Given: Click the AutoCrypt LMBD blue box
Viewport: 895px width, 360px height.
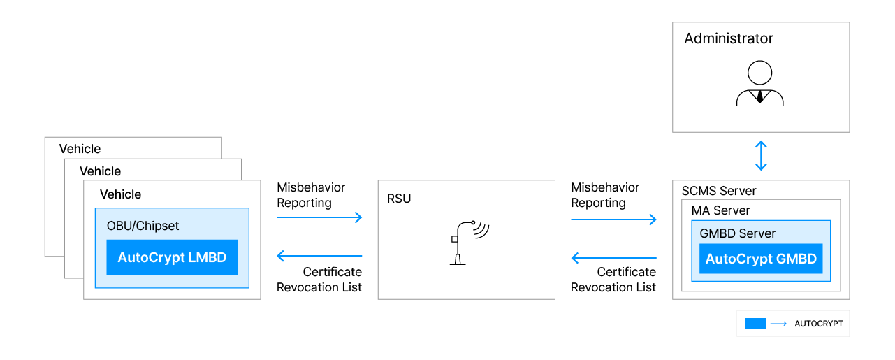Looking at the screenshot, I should pos(172,257).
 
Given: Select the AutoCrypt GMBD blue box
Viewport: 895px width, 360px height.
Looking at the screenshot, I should pos(761,259).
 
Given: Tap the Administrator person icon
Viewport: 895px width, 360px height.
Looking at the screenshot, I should pos(760,83).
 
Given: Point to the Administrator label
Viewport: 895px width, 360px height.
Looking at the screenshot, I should pos(729,38).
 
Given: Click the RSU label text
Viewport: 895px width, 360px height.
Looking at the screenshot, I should pos(399,199).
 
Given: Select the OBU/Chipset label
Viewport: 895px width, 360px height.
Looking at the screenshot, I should pos(143,226).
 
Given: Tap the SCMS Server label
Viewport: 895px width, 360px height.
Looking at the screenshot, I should pos(719,191).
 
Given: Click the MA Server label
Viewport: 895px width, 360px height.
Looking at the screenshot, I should pos(720,210).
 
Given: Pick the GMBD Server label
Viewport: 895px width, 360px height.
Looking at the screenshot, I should pos(737,233).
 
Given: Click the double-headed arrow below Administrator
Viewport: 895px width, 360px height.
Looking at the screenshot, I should pos(761,156).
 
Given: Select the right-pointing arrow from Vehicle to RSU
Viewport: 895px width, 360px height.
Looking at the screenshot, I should pos(320,217).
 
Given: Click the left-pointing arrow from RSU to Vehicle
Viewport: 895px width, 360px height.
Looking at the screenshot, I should pos(320,256).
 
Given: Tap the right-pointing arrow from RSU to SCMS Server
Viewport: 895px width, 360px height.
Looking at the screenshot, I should pos(614,219).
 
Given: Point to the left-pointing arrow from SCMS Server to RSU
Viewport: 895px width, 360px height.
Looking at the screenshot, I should pos(614,258).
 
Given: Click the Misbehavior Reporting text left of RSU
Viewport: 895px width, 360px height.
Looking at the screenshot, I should pos(311,195).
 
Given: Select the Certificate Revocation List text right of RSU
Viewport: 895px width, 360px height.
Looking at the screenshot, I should pos(613,279).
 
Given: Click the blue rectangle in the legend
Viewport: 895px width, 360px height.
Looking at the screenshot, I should pos(755,324).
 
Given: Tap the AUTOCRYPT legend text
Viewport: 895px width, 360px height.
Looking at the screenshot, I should pos(819,324).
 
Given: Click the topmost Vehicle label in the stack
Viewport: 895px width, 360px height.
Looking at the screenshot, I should pos(80,149).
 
